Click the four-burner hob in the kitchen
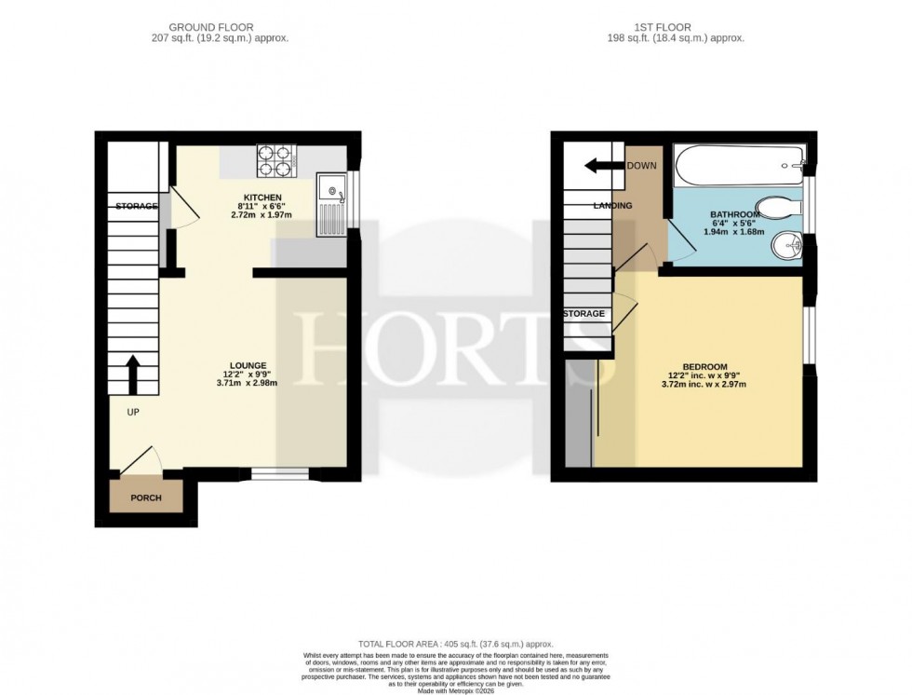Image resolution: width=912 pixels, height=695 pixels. [275, 161]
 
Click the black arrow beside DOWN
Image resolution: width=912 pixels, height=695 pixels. [603, 167]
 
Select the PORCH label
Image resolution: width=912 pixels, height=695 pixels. [145, 498]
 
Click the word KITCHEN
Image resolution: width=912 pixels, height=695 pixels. [262, 198]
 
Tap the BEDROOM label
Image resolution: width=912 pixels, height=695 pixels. [706, 366]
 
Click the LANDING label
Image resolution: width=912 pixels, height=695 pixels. [613, 206]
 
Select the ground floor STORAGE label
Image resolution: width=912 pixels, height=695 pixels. [136, 206]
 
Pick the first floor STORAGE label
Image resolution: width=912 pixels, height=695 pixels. [583, 314]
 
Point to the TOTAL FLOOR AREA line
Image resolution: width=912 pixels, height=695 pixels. [456, 644]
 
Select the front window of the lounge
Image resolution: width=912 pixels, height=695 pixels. [280, 475]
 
